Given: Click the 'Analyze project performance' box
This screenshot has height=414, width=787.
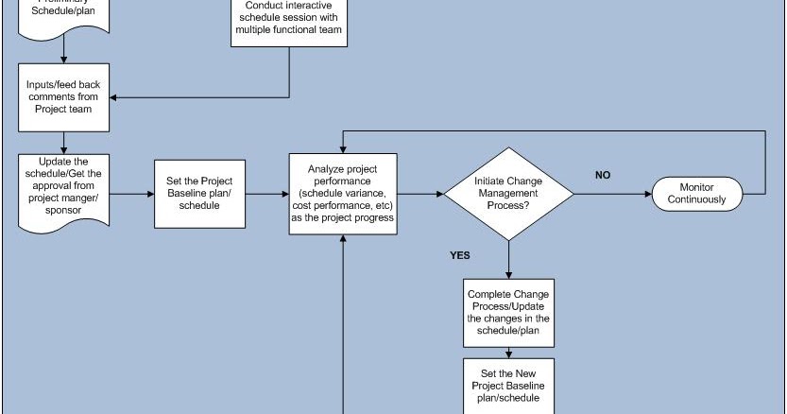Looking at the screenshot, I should point(344,193).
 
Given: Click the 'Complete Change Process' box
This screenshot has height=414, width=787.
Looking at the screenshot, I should point(508,312).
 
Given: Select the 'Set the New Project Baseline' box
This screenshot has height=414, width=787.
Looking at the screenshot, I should point(508,386).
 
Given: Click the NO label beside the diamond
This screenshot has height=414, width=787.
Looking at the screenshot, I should point(602,175).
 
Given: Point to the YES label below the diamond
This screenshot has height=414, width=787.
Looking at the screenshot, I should point(460,255).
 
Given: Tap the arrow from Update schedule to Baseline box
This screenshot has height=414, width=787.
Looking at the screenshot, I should point(133,194).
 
